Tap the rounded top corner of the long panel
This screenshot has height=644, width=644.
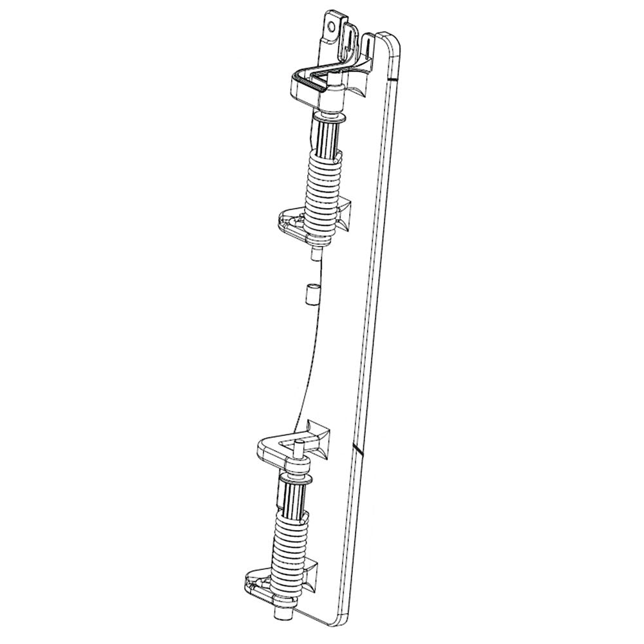[393, 40]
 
